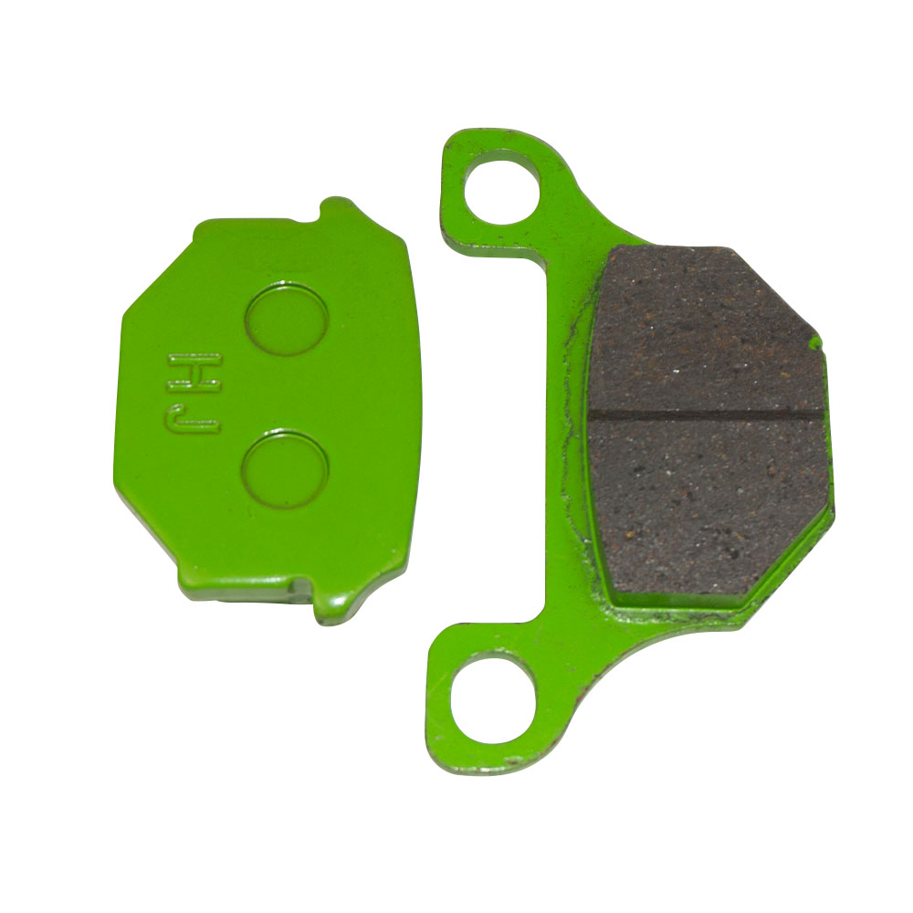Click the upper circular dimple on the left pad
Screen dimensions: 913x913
point(287,319)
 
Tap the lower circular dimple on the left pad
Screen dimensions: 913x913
point(285,469)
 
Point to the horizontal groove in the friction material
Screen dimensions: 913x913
point(706,413)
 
